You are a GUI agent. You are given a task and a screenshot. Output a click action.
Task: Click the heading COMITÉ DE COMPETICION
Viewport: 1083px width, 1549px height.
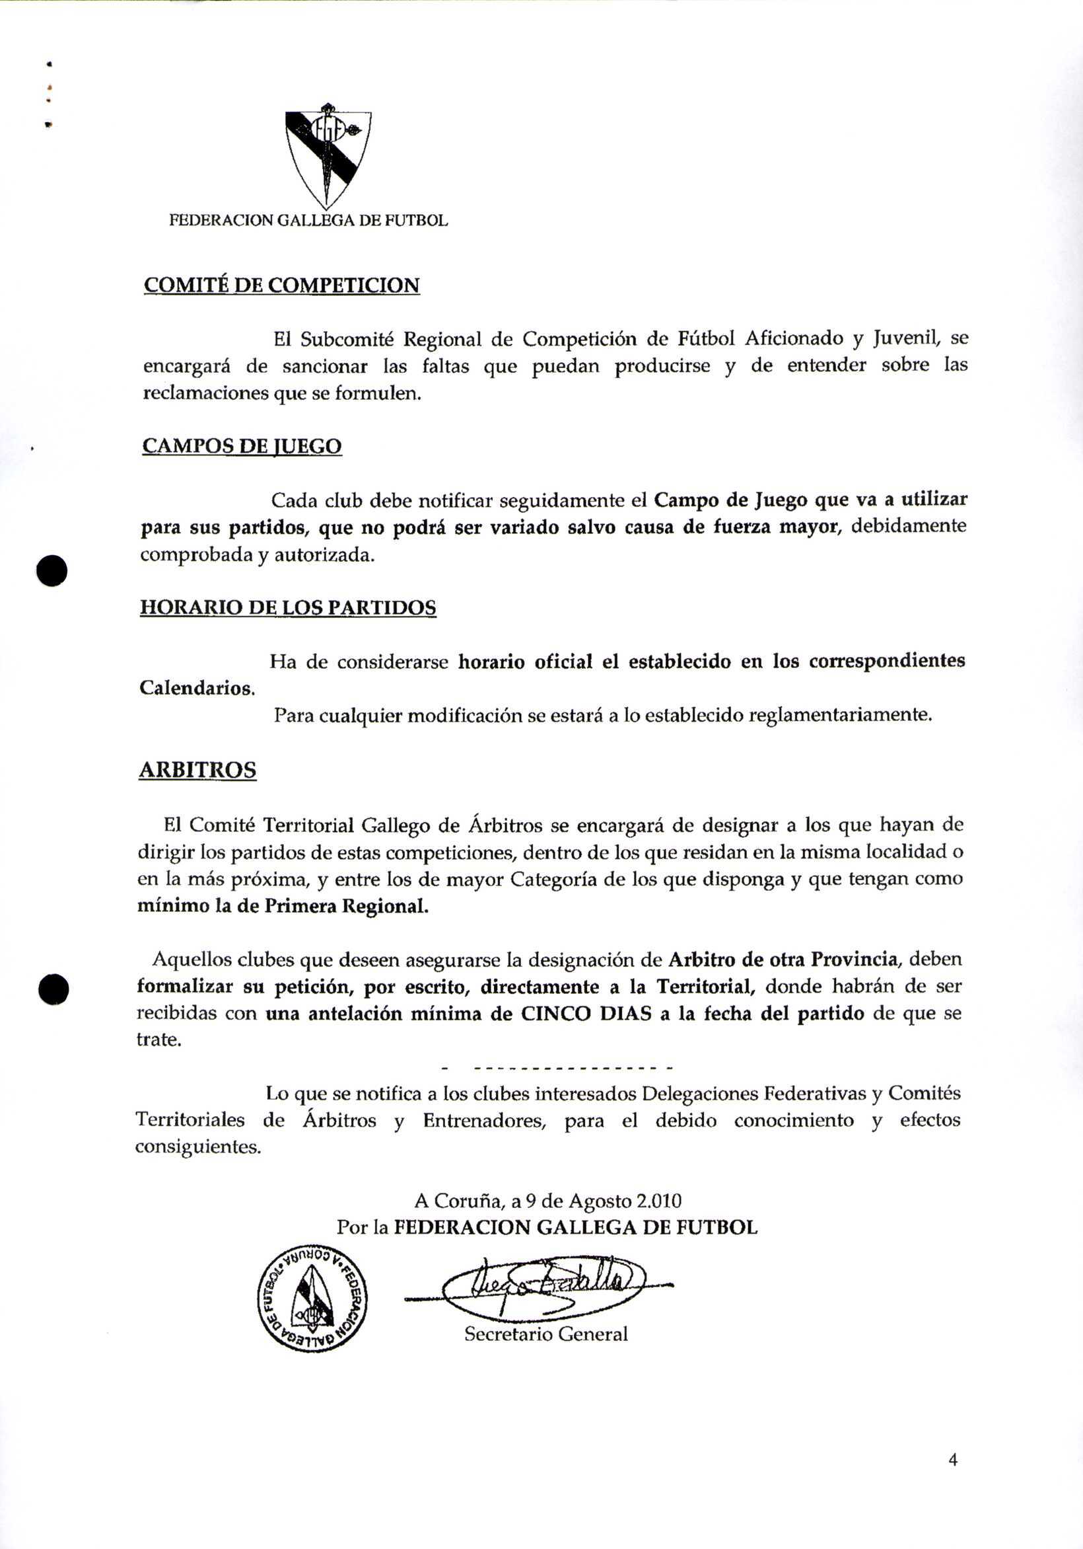(281, 285)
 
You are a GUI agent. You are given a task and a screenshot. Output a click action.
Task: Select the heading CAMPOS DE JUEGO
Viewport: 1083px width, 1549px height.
(242, 447)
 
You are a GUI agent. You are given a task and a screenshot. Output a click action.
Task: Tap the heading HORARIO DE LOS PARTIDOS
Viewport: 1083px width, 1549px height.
(288, 608)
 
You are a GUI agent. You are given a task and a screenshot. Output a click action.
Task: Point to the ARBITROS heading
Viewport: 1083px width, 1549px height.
(197, 770)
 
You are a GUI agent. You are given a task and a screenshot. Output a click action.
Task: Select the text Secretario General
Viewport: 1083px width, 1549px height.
(545, 1334)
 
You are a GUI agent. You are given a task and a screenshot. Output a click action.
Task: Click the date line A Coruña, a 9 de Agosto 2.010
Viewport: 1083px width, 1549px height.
(547, 1201)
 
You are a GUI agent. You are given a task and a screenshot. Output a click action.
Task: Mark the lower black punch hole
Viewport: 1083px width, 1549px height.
(53, 990)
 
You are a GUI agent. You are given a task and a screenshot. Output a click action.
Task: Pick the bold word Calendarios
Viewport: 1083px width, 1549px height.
(197, 688)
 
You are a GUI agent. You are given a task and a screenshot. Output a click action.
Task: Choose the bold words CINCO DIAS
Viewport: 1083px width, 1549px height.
(586, 1014)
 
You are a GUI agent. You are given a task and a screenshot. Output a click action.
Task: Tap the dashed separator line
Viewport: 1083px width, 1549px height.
(557, 1069)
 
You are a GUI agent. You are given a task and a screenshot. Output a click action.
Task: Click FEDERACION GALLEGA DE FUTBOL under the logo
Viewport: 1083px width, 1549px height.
(308, 221)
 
